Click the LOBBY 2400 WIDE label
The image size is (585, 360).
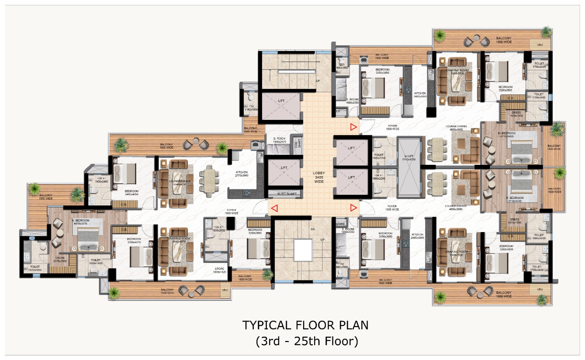pyautogui.click(x=319, y=177)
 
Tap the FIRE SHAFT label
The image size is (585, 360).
pyautogui.click(x=298, y=143)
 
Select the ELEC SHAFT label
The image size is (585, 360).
pyautogui.click(x=287, y=194)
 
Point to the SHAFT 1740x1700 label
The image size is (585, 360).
pyautogui.click(x=409, y=158)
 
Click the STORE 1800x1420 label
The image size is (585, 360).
pyautogui.click(x=219, y=270)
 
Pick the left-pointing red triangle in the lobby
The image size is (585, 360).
pyautogui.click(x=275, y=208)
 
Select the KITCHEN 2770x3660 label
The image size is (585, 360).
pyautogui.click(x=242, y=174)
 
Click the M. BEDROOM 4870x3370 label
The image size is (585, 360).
pyautogui.click(x=80, y=222)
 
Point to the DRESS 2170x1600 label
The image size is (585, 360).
pyautogui.click(x=60, y=259)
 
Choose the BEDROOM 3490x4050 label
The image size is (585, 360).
pyautogui.click(x=131, y=193)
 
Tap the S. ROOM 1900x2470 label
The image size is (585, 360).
pyautogui.click(x=279, y=140)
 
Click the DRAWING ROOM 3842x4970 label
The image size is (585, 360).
pyautogui.click(x=179, y=240)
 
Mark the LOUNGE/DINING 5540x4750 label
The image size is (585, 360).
pyautogui.click(x=180, y=182)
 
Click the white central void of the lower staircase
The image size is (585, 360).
pyautogui.click(x=303, y=250)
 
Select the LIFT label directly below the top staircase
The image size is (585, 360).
pyautogui.click(x=281, y=101)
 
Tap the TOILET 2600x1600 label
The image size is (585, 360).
pyautogui.click(x=96, y=262)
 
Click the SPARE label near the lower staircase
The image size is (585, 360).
pyautogui.click(x=340, y=224)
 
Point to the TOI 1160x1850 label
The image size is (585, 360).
pyautogui.click(x=251, y=108)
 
